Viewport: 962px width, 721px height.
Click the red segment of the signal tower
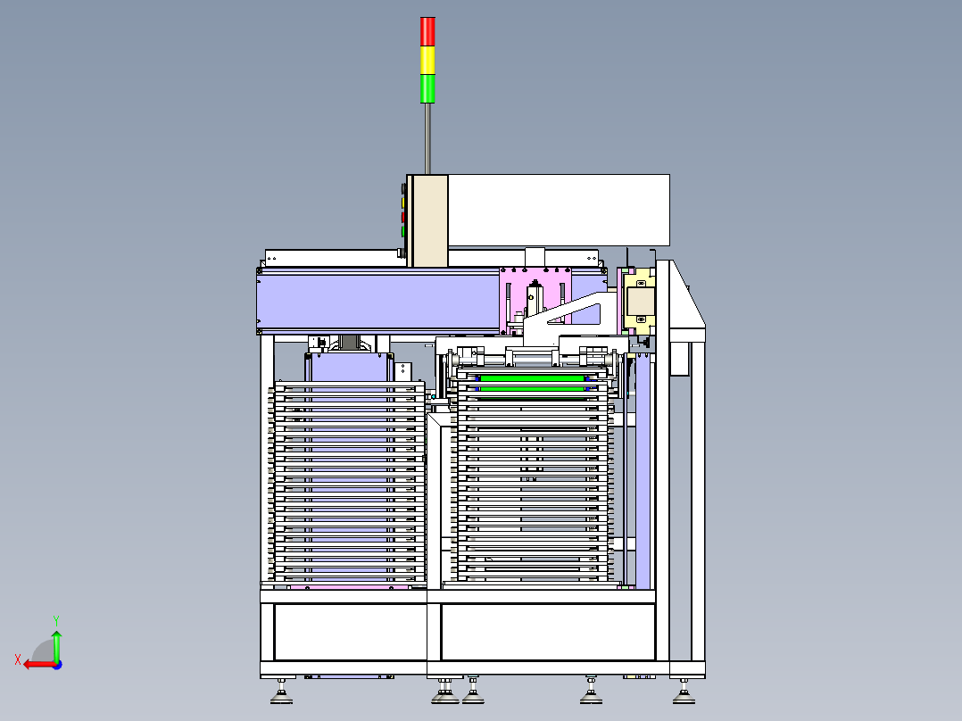tap(427, 30)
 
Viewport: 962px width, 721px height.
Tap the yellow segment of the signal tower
tap(427, 60)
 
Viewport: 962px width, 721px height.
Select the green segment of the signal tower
tap(427, 88)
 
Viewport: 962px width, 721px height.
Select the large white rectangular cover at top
tap(558, 210)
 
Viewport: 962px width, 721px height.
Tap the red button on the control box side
tap(403, 216)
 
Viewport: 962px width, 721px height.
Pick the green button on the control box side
tap(403, 231)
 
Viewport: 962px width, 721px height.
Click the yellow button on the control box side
tap(403, 203)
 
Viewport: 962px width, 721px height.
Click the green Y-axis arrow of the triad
tap(55, 641)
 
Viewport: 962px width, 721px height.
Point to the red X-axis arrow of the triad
tap(32, 663)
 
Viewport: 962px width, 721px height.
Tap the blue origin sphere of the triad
tap(56, 663)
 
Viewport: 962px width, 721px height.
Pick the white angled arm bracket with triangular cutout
tap(571, 318)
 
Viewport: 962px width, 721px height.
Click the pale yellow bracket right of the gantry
tap(640, 302)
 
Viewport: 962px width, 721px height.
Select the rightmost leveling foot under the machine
tap(684, 692)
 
